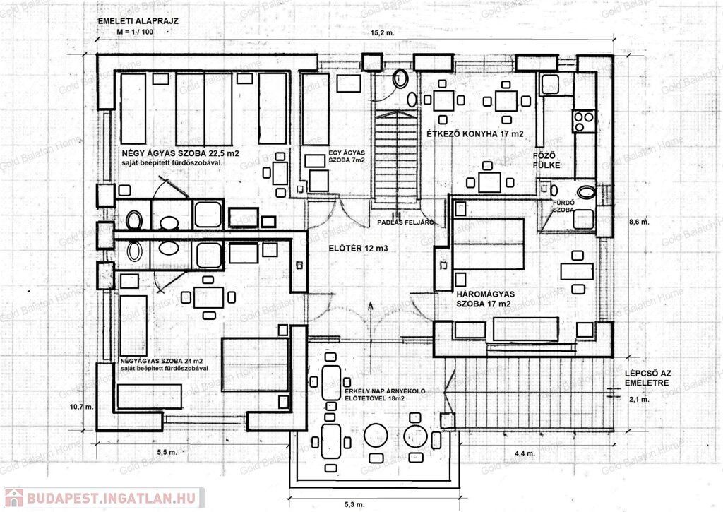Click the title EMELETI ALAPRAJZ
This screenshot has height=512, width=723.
[x=138, y=20]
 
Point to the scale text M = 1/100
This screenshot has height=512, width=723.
[x=135, y=32]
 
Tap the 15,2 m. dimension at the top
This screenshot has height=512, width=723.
[x=383, y=32]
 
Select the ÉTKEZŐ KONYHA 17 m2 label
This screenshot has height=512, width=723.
[x=475, y=133]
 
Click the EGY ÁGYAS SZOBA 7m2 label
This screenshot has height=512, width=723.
[x=347, y=156]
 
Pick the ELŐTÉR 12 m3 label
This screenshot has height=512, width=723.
[x=358, y=248]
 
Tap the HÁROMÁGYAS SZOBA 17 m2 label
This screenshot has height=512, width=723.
[x=486, y=299]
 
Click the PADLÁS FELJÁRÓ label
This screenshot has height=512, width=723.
[x=406, y=222]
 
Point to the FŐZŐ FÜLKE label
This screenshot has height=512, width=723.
[x=546, y=160]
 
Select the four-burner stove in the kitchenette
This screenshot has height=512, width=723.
[x=584, y=121]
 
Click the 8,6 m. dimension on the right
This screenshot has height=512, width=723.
[x=639, y=222]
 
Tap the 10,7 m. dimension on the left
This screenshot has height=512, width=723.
[x=82, y=407]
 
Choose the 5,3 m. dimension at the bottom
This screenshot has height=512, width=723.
[x=354, y=504]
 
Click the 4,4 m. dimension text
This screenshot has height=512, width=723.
[x=525, y=453]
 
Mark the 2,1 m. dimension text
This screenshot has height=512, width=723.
[x=639, y=400]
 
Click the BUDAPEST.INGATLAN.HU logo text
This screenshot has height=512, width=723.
[x=111, y=498]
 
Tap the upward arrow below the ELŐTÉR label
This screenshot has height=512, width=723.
[x=370, y=323]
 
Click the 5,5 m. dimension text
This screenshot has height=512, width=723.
[x=167, y=452]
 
